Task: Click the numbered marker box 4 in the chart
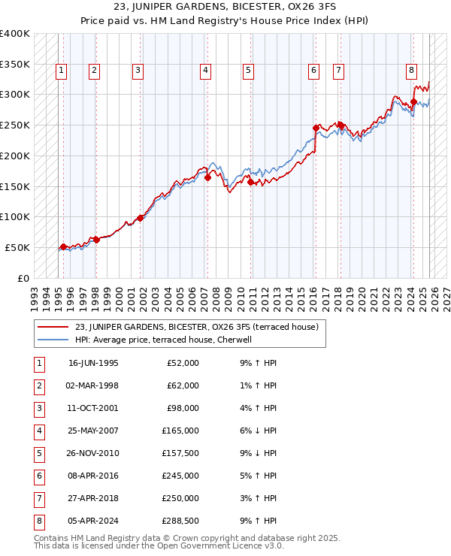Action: coord(205,71)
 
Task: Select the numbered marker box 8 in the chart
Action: coord(412,71)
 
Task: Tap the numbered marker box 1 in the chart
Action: coord(61,71)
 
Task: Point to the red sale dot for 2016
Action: coord(316,128)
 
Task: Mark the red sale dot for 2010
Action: coord(250,181)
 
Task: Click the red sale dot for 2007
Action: coord(207,177)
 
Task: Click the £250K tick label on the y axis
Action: coord(15,125)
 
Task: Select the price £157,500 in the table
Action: coord(180,453)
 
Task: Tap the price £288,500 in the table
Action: coord(180,521)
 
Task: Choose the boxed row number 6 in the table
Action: coord(38,476)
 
